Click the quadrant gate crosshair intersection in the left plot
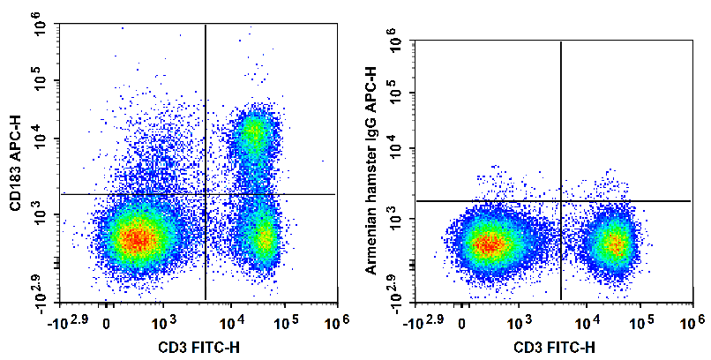206,194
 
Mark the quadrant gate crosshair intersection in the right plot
562,201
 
